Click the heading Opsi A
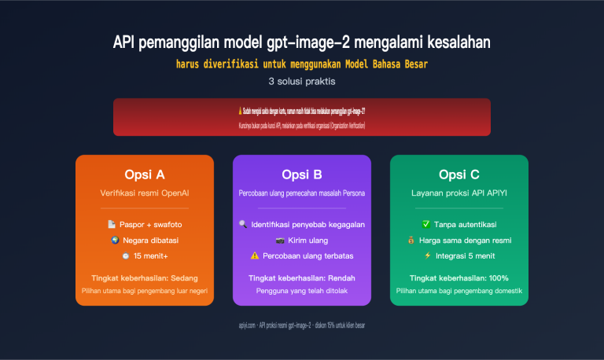[144, 174]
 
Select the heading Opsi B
[301, 174]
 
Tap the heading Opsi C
[459, 174]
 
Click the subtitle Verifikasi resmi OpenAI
[144, 192]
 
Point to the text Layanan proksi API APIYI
[459, 192]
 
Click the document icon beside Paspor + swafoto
[112, 224]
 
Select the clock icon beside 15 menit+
[126, 255]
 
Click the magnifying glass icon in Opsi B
[243, 224]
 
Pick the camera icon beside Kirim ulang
[280, 240]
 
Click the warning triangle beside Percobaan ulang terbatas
[255, 255]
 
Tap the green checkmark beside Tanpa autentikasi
[426, 224]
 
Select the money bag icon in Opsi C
[411, 240]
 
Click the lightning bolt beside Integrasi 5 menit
[428, 255]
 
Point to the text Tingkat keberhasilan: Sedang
[144, 277]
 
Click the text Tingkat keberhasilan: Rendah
[301, 277]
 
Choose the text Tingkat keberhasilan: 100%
[459, 277]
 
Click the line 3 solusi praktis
[301, 80]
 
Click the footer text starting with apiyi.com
[301, 325]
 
